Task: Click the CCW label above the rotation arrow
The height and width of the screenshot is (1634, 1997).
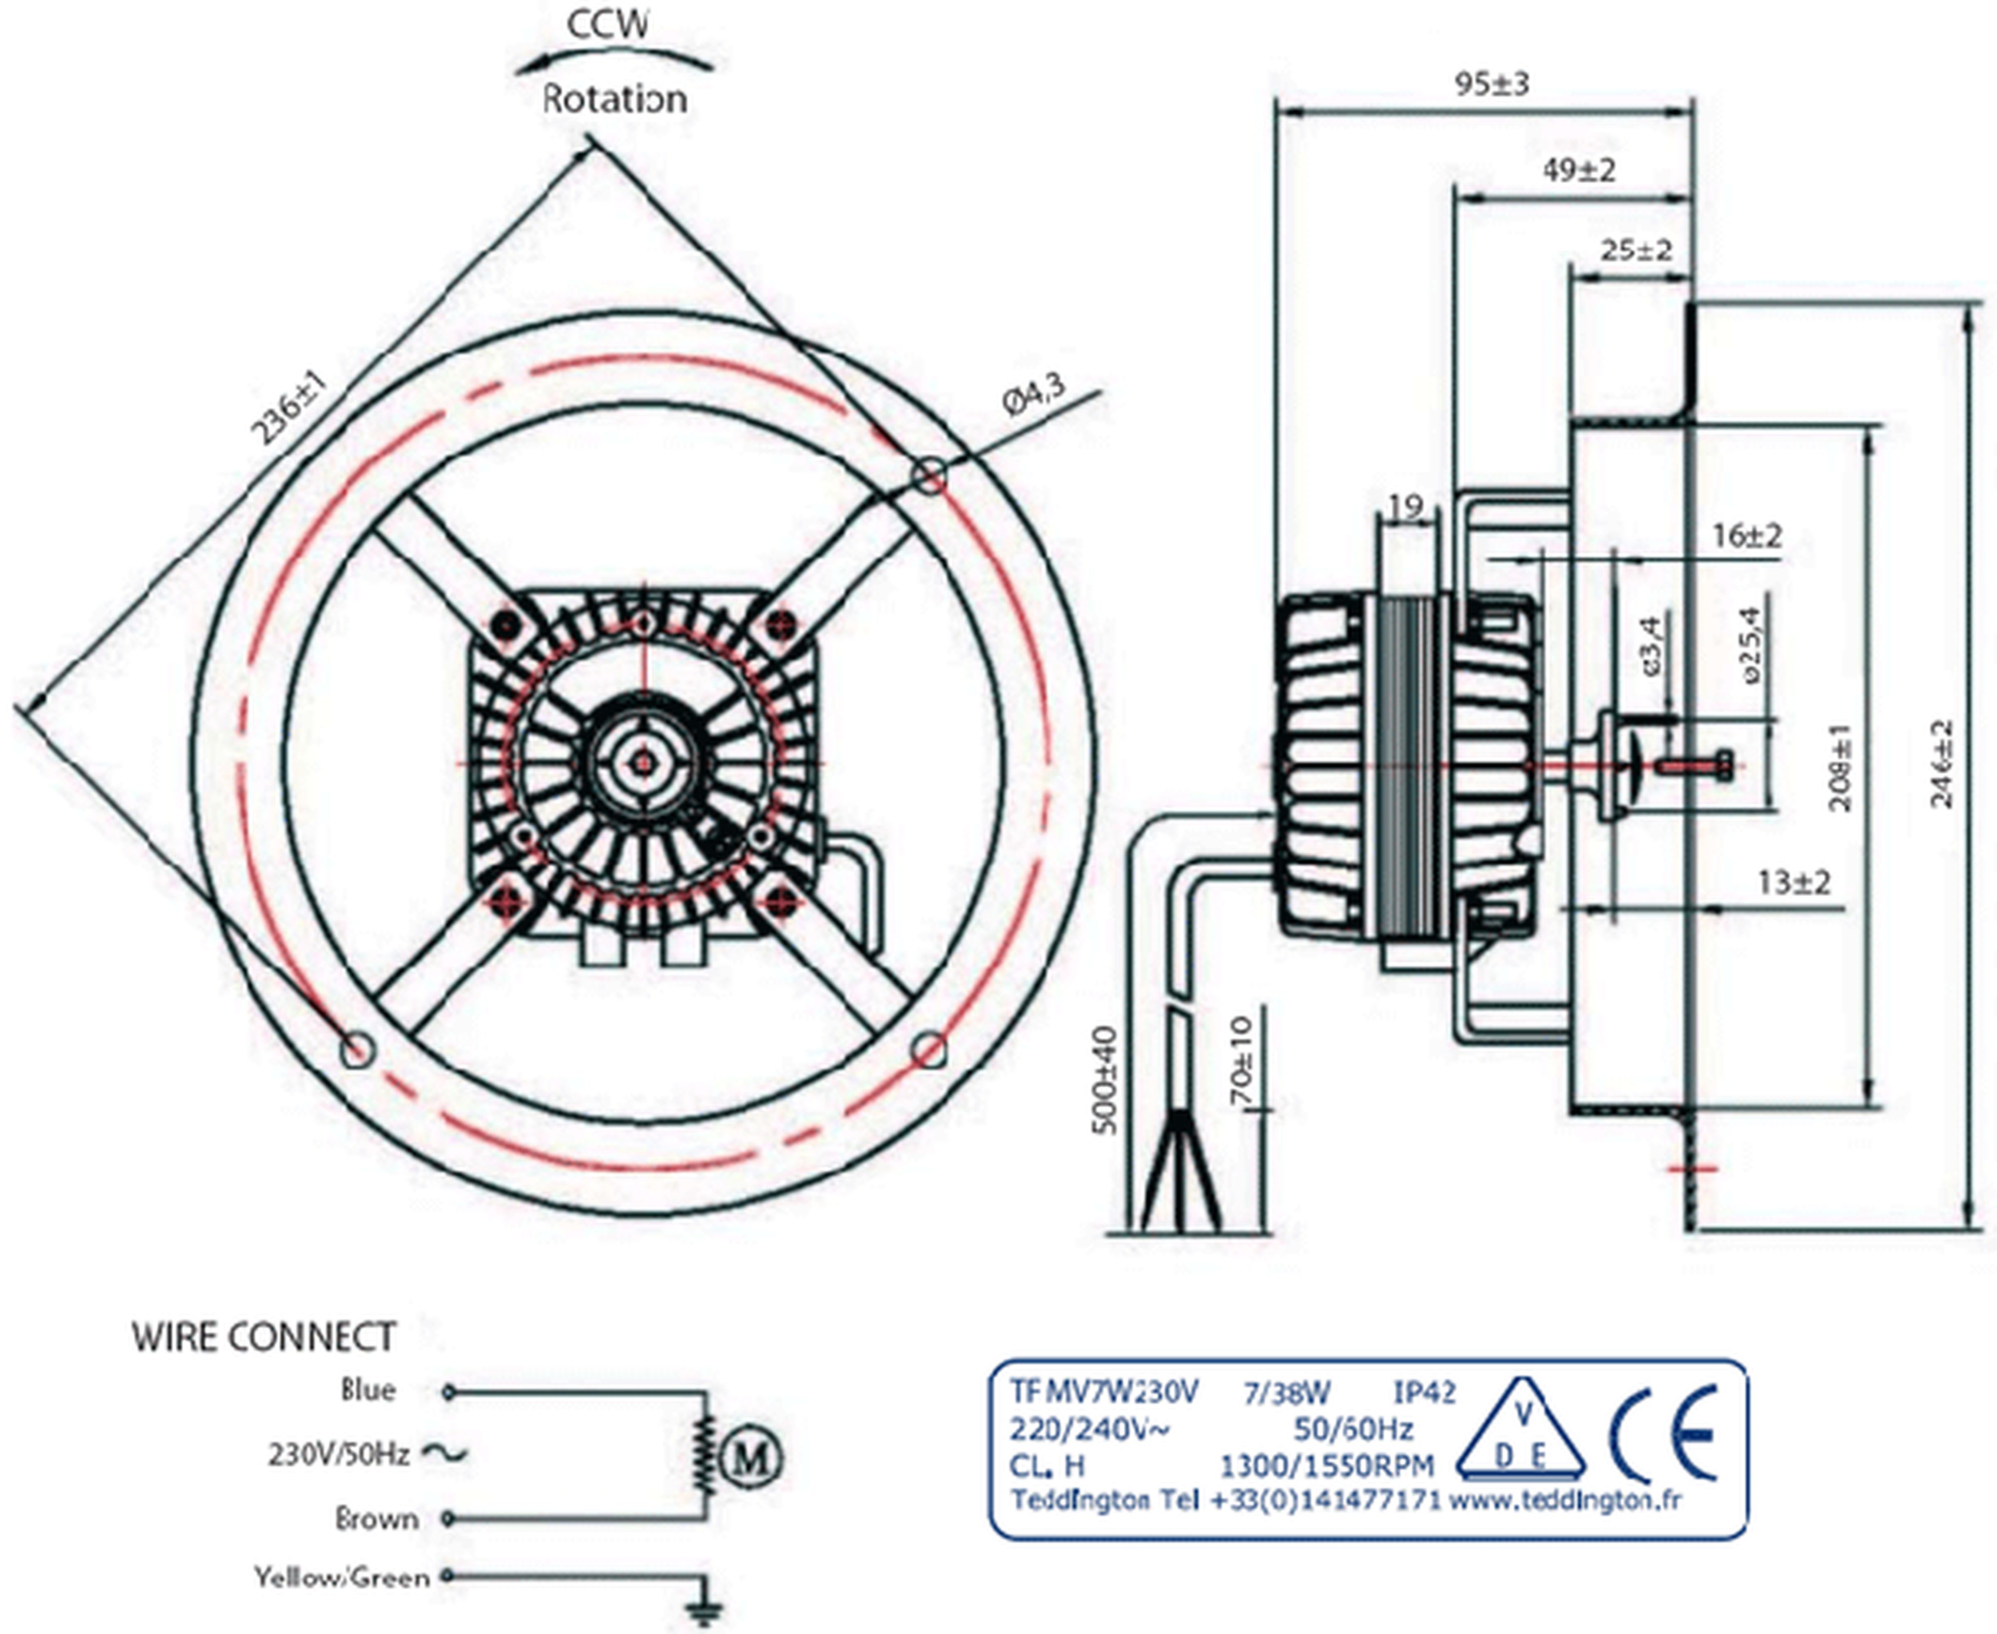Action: coord(608,23)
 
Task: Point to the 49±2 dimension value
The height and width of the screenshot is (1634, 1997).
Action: coord(1578,170)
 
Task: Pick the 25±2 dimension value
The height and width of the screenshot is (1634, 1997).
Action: coord(1636,251)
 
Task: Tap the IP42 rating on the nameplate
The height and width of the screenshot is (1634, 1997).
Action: coord(1424,1392)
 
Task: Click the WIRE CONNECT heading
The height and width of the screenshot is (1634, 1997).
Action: coord(264,1336)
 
